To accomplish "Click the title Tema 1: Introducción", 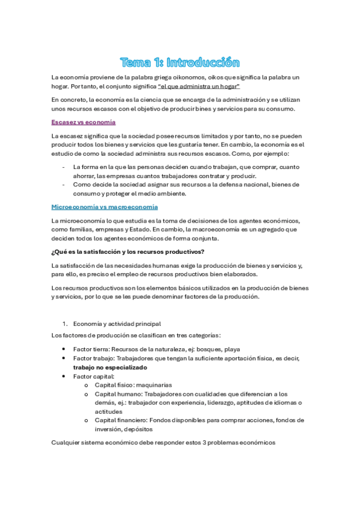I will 180,63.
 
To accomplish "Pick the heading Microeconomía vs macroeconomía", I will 105,206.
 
